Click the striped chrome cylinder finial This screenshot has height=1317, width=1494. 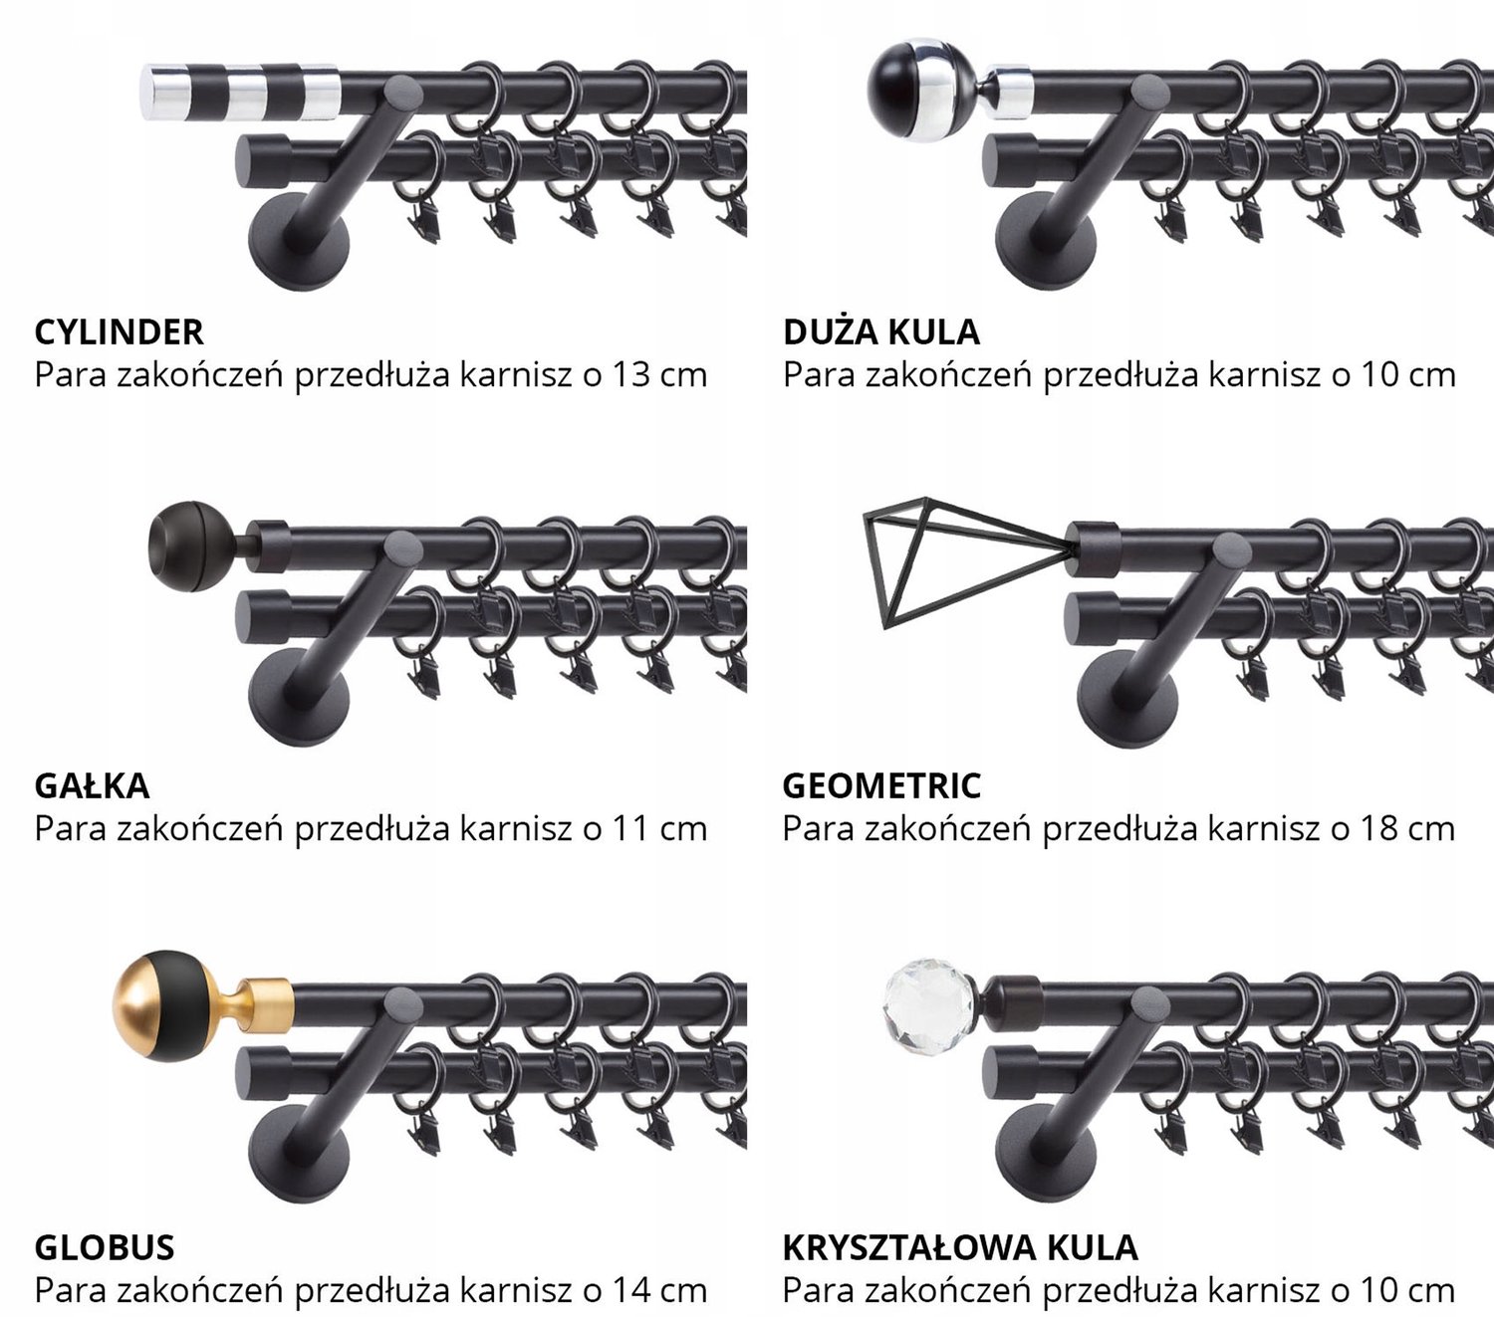pyautogui.click(x=240, y=92)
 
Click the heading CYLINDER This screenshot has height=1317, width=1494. pyautogui.click(x=119, y=332)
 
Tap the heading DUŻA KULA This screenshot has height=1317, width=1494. pyautogui.click(x=881, y=331)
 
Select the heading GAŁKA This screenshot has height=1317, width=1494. pyautogui.click(x=93, y=786)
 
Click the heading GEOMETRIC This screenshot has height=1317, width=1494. pyautogui.click(x=881, y=786)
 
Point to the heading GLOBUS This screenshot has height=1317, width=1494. pyautogui.click(x=105, y=1247)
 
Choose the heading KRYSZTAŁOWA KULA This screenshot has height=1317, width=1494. pyautogui.click(x=960, y=1247)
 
